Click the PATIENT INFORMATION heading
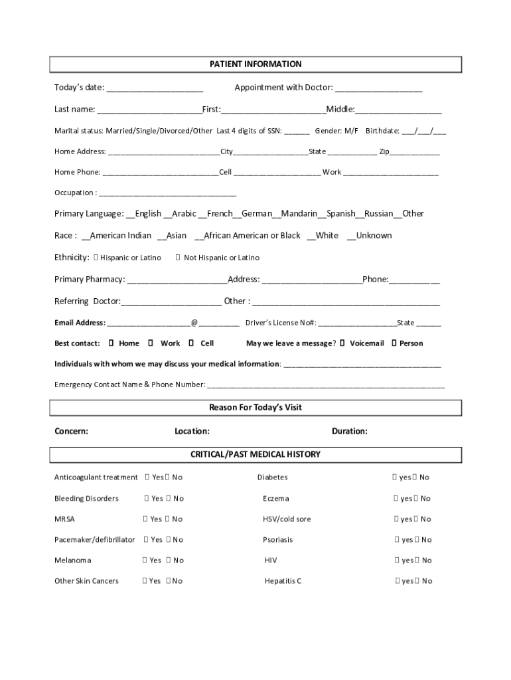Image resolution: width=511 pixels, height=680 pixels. click(256, 64)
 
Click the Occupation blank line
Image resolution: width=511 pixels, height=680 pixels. click(167, 194)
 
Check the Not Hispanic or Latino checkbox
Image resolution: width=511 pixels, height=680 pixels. click(178, 258)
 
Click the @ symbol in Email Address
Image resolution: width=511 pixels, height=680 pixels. click(194, 323)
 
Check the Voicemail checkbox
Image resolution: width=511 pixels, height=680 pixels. click(343, 343)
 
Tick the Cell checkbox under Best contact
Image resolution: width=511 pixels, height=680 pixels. click(192, 343)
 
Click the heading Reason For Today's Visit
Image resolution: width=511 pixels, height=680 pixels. click(256, 407)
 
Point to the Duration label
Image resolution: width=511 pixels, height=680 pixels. click(350, 431)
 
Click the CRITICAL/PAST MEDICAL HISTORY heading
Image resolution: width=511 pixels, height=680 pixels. click(256, 454)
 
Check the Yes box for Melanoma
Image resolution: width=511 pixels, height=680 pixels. click(145, 560)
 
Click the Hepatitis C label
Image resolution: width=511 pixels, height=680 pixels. click(283, 581)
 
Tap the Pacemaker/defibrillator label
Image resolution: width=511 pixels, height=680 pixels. click(94, 540)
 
